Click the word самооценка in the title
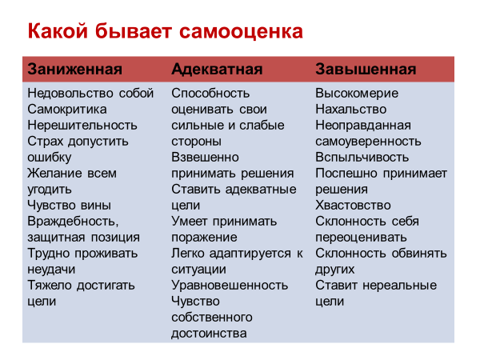[x=241, y=31]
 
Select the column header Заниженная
[x=75, y=69]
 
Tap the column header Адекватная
[x=217, y=69]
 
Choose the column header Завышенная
[x=366, y=69]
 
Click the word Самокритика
[x=67, y=110]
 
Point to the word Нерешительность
[x=82, y=126]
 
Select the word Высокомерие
[x=357, y=94]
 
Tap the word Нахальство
[x=351, y=110]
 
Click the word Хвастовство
[x=353, y=205]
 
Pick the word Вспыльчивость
[x=362, y=158]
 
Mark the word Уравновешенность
[x=230, y=286]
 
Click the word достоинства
[x=209, y=334]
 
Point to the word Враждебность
[x=73, y=222]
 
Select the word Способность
[x=210, y=94]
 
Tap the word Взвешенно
[x=205, y=158]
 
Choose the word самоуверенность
[x=368, y=142]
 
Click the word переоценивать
[x=362, y=238]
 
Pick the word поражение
[x=204, y=238]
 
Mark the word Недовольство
[x=70, y=94]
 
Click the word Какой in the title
[x=58, y=31]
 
